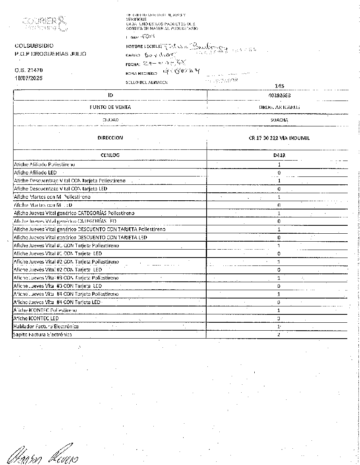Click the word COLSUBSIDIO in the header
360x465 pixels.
[x=34, y=46]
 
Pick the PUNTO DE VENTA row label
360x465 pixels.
[x=110, y=107]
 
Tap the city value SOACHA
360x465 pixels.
[x=279, y=120]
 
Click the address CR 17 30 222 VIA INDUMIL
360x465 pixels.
[x=279, y=138]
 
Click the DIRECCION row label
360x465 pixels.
[x=110, y=138]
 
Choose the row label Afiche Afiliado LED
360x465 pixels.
[x=35, y=173]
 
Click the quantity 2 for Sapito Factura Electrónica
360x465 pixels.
[x=279, y=335]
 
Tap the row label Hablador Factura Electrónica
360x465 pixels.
[x=46, y=326]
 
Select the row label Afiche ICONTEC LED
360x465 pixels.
[x=36, y=318]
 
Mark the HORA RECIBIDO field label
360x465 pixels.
[x=141, y=74]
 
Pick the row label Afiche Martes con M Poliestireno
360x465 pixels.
[x=52, y=197]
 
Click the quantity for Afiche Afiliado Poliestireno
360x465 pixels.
[x=279, y=164]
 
